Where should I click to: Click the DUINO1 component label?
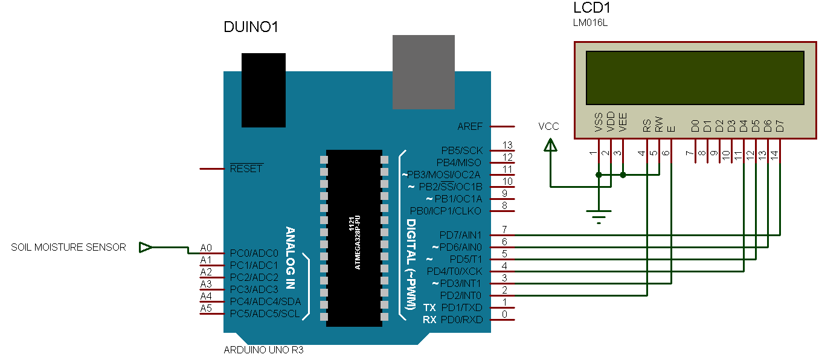coord(251,27)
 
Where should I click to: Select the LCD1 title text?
coord(592,8)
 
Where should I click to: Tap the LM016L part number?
coord(590,24)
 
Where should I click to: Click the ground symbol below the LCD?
coord(599,214)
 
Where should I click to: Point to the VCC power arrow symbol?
coord(550,146)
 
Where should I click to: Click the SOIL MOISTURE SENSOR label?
coord(68,247)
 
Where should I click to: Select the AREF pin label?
coord(471,126)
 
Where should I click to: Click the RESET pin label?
coord(246,169)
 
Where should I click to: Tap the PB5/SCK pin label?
coord(462,150)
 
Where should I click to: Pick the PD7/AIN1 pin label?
coord(461,234)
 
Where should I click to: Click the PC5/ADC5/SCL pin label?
coord(265,313)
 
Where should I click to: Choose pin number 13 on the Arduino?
coord(507,146)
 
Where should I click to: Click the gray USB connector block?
coord(423,72)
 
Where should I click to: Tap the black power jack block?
coord(263,89)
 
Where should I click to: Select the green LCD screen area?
coord(695,77)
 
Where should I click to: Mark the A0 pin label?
coord(206,248)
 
